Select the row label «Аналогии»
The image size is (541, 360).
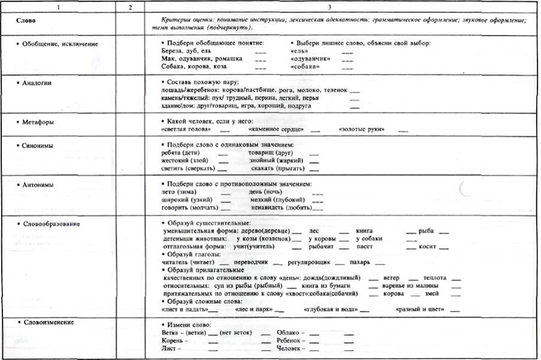(38, 83)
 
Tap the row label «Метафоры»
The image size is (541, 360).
(38, 121)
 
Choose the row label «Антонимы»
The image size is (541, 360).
(39, 185)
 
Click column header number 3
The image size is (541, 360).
(341, 7)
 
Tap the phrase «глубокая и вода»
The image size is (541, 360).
(331, 310)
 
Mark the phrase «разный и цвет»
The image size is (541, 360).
(421, 310)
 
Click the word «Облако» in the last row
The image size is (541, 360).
(288, 332)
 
